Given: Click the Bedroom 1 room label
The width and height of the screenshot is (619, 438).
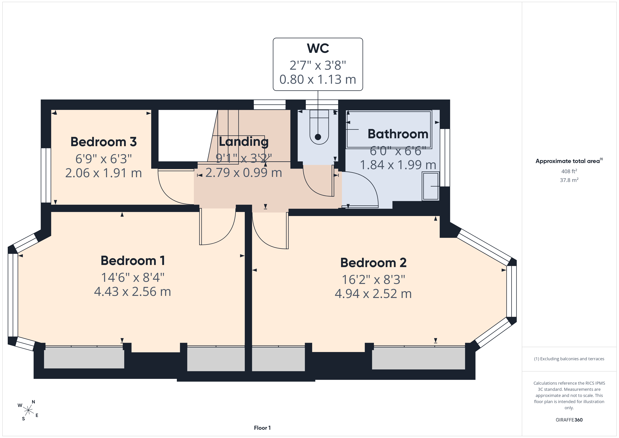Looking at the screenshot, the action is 133,261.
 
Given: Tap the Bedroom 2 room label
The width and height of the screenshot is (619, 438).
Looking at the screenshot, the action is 373,263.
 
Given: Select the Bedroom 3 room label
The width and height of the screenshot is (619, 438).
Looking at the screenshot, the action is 104,142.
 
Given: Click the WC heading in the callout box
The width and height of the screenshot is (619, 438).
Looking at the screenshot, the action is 318,48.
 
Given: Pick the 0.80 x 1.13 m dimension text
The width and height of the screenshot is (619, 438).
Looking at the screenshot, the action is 318,79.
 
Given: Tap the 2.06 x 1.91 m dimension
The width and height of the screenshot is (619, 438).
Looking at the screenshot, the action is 104,173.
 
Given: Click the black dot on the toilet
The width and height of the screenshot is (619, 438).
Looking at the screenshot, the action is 318,137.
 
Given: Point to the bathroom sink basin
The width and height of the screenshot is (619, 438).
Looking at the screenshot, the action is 431,186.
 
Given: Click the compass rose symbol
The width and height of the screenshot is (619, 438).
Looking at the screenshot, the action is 28,410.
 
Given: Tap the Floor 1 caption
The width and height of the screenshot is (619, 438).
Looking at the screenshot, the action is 262,428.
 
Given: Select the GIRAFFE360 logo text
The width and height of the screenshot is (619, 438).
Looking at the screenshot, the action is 569,420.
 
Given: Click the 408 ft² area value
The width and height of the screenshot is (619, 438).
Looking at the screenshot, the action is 569,171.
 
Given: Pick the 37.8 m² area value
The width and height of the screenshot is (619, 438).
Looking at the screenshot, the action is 569,180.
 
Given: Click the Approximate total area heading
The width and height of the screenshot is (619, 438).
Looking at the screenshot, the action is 569,161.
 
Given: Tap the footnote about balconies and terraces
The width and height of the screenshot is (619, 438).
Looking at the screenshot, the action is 569,359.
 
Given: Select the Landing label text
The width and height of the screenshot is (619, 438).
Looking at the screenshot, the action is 244,142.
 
